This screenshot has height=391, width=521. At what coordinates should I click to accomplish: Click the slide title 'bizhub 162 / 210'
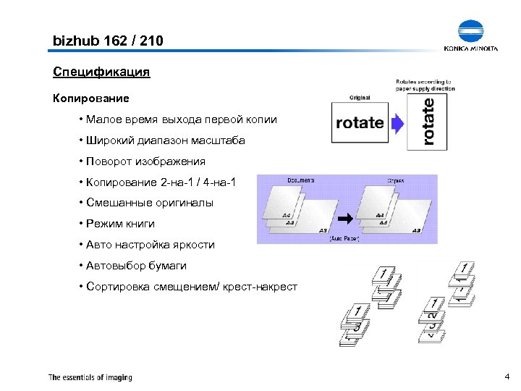click(x=109, y=41)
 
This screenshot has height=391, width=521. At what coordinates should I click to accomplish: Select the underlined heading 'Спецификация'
click(x=101, y=72)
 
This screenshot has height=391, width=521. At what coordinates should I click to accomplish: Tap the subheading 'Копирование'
click(x=91, y=97)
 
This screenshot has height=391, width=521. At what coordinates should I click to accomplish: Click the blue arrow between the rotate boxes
click(x=396, y=122)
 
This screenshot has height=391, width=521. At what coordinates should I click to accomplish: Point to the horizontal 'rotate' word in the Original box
click(x=360, y=122)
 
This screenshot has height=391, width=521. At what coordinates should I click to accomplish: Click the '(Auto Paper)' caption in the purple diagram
click(x=344, y=238)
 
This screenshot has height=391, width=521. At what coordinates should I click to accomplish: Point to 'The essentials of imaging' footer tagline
click(x=90, y=377)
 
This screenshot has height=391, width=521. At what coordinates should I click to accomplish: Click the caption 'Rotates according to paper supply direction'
click(x=424, y=85)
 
